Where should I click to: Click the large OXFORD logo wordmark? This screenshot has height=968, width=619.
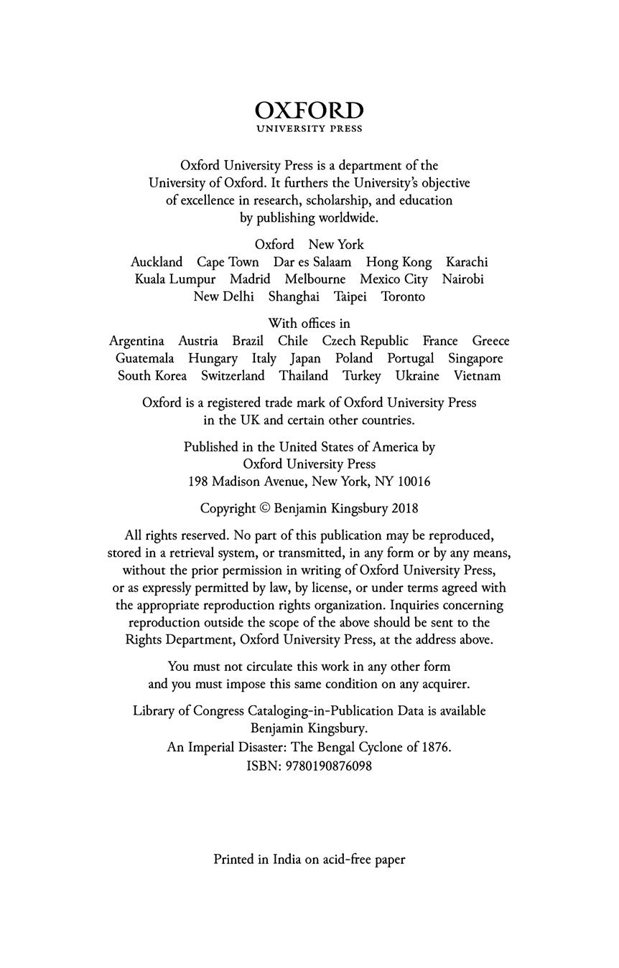tap(309, 111)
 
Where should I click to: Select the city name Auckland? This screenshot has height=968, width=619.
tap(157, 262)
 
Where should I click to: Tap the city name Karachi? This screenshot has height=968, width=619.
tap(467, 262)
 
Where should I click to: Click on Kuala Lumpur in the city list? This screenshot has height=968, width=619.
tap(175, 279)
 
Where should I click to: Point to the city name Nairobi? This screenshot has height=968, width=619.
tap(463, 279)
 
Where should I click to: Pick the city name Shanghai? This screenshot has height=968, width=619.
tap(294, 296)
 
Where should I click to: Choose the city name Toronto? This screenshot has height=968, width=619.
tap(403, 296)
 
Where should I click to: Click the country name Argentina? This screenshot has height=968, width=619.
tap(136, 341)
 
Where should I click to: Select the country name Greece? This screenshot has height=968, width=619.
tap(490, 341)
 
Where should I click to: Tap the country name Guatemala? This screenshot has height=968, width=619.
tap(145, 358)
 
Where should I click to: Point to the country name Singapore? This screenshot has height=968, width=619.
tap(475, 358)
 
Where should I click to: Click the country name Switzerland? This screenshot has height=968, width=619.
tap(233, 375)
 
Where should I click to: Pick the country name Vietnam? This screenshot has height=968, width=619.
tap(477, 375)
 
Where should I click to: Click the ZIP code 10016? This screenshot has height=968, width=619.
tap(414, 481)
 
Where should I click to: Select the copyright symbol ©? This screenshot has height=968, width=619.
tap(264, 509)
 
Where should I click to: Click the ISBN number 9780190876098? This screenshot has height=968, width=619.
tap(329, 766)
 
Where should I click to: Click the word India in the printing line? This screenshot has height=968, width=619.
tap(287, 859)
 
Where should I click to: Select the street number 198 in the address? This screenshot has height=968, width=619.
tap(198, 481)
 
